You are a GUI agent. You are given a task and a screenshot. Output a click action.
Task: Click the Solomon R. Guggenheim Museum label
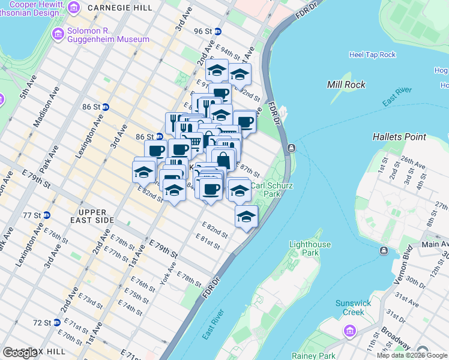[108, 35]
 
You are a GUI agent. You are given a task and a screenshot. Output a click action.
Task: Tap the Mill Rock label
[346, 85]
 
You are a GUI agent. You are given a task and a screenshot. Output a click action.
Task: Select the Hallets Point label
[399, 137]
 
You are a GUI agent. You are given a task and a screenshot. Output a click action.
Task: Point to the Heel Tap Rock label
[372, 55]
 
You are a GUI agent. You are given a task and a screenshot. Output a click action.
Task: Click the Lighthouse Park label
[310, 248]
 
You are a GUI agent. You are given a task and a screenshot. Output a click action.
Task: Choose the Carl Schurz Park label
[272, 190]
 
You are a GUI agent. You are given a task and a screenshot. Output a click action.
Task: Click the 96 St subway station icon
[218, 31]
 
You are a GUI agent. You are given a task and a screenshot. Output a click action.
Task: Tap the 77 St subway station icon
[47, 215]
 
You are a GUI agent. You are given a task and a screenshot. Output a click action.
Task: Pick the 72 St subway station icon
[57, 322]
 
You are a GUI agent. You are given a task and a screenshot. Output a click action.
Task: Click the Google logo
[20, 353]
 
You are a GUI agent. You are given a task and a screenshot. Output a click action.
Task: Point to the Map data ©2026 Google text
[412, 355]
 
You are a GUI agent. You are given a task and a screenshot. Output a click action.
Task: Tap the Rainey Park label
[313, 356]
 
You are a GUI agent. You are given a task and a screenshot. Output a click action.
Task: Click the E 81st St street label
[208, 242]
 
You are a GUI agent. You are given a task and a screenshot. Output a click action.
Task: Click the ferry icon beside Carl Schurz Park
[291, 148]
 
